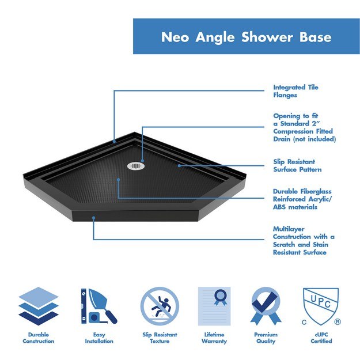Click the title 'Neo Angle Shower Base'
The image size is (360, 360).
[x=246, y=37]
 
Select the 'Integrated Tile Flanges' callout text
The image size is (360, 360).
[x=295, y=91]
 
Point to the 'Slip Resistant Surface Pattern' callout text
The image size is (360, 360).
[x=297, y=166]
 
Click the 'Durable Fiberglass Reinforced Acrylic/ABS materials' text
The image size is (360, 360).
[x=302, y=199]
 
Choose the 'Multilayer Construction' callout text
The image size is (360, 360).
[x=304, y=241]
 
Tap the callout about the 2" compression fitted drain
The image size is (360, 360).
[x=304, y=127]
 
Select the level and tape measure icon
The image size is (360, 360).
[x=98, y=306]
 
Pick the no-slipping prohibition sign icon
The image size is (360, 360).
[x=160, y=306]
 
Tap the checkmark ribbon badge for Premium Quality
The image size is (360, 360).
[x=266, y=306]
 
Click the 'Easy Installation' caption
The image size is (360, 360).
[x=98, y=338]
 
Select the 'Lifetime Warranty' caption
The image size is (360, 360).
[x=214, y=338]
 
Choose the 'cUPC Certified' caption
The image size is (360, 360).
[x=321, y=338]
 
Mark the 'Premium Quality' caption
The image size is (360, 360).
[x=266, y=338]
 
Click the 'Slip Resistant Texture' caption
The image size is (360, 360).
[x=160, y=338]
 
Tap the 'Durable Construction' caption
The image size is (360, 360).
[x=39, y=338]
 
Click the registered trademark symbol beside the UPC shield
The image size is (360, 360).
[x=338, y=321]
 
